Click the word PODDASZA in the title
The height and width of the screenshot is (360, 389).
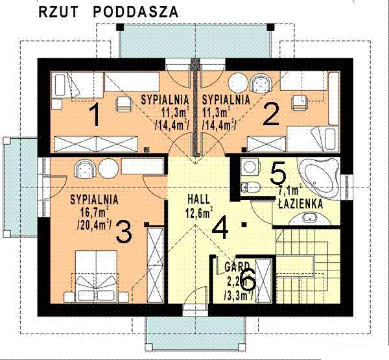point(136,12)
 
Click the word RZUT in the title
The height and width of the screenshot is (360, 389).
point(60,12)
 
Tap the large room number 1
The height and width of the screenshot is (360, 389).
point(95,116)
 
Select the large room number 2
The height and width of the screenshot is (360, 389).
point(271,115)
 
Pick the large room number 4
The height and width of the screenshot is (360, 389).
point(221,228)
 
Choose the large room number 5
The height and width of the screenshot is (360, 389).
point(277,173)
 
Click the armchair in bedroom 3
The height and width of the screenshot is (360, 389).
point(84,168)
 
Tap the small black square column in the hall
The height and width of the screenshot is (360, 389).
point(244,224)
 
